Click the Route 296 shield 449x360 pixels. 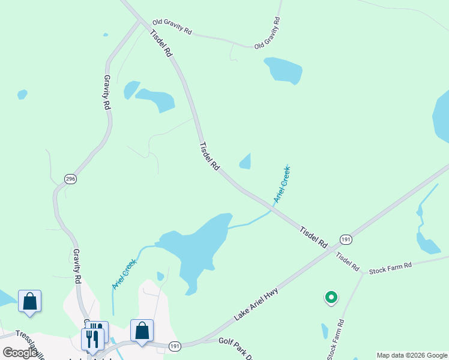point(71,179)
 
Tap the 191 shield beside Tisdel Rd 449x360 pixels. point(345,239)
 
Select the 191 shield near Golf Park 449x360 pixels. point(175,346)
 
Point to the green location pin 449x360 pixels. point(330,296)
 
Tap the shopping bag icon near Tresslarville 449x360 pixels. point(29,301)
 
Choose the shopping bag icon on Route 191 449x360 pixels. point(142,331)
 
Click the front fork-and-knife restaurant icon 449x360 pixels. point(92,338)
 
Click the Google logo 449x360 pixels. point(20,353)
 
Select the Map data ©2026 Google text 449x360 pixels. point(412,355)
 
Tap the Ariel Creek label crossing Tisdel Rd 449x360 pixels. point(282,184)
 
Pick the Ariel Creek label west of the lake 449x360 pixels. point(124,274)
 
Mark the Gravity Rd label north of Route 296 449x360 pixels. point(107,91)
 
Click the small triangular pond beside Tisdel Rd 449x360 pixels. point(246,161)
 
